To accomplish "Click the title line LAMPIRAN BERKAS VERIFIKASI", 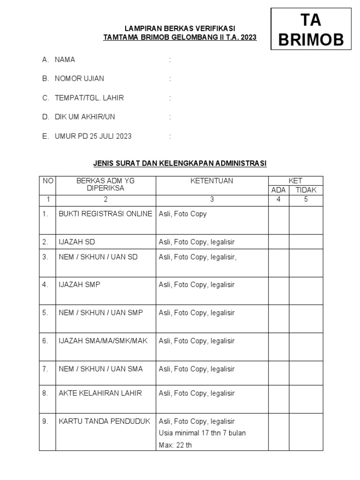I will [180, 29].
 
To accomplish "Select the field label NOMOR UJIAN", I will [79, 79].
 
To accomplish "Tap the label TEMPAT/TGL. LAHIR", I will [89, 98].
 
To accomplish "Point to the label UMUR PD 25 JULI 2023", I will [93, 136].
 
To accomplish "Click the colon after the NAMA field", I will [170, 60].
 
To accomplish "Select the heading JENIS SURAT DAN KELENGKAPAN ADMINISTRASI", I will [180, 163].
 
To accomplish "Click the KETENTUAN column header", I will [211, 181].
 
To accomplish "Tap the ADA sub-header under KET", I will [278, 190].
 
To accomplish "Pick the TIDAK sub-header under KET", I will [306, 190].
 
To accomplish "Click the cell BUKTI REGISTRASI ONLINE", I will [105, 214].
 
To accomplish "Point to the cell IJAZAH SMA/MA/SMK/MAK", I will [103, 341].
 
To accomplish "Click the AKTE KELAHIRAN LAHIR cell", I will [100, 393].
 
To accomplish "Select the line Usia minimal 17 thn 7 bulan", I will [202, 433].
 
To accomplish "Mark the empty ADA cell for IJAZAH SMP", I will [278, 291].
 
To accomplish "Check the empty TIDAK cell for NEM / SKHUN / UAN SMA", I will [306, 373].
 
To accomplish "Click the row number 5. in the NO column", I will [45, 313].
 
